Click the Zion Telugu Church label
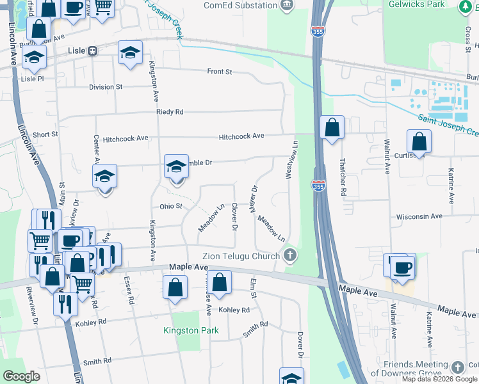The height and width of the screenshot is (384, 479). tap(242, 256)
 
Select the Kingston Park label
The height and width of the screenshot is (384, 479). tap(191, 331)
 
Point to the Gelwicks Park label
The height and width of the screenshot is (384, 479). tap(417, 4)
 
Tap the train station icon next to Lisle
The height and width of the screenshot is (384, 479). tap(93, 51)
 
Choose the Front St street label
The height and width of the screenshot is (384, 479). tap(219, 72)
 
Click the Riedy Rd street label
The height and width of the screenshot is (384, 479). tap(170, 112)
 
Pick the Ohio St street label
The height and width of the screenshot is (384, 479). tap(171, 206)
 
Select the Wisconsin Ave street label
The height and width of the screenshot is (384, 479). tap(419, 216)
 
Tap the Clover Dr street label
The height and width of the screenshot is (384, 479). tap(234, 218)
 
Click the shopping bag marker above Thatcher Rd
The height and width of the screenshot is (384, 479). tap(332, 128)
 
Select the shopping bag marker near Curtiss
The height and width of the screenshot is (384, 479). tap(418, 142)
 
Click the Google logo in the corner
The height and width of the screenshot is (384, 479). tap(21, 376)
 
